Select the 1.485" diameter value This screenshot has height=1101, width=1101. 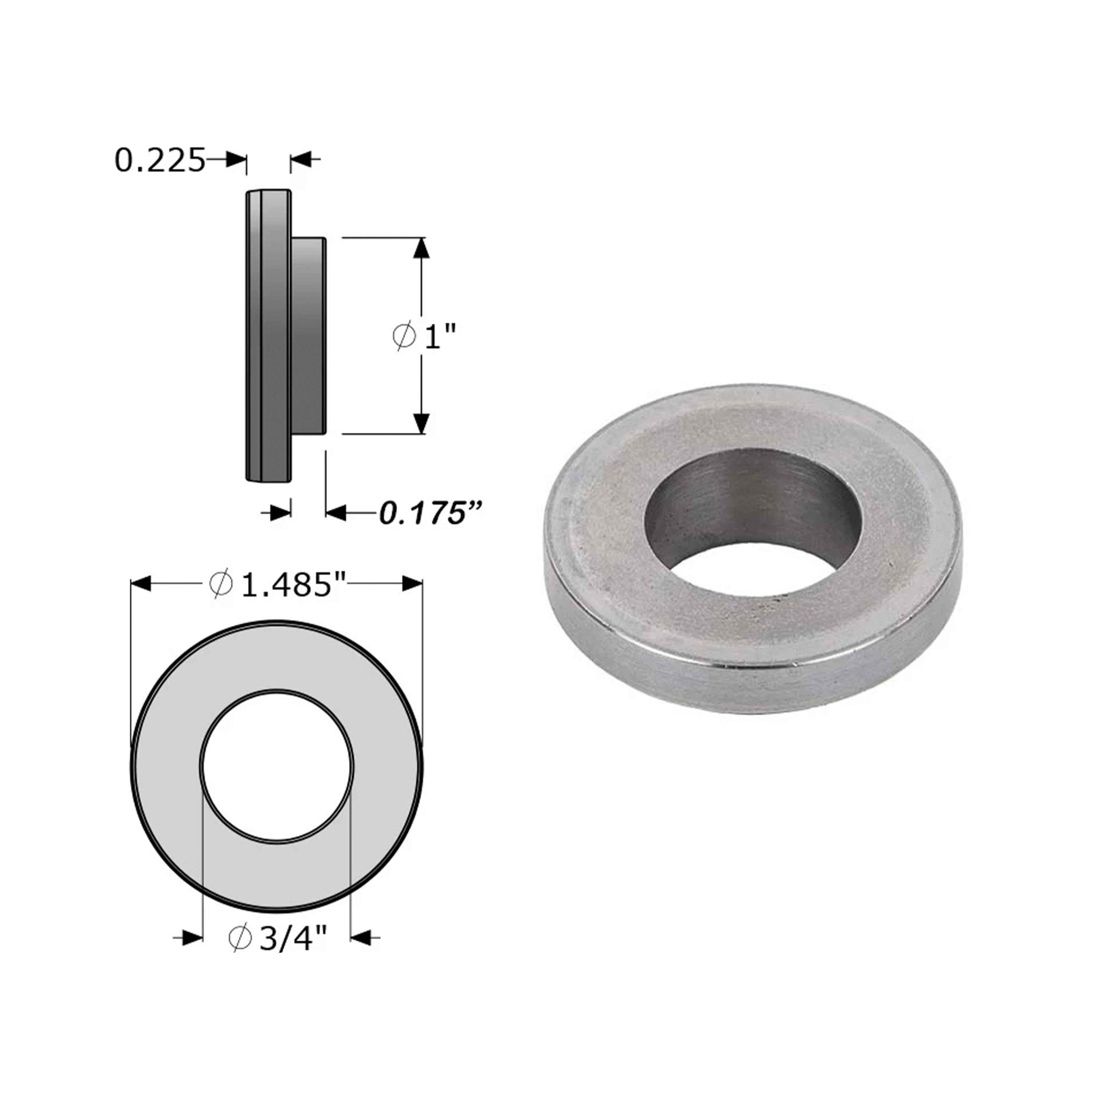[285, 585]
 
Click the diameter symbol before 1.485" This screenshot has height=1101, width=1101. [220, 585]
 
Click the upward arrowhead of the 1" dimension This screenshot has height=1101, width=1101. [420, 248]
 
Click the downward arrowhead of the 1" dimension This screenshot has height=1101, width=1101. [420, 423]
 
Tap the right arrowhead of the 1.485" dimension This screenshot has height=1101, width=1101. [412, 583]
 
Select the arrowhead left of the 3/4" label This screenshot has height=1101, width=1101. [192, 937]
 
